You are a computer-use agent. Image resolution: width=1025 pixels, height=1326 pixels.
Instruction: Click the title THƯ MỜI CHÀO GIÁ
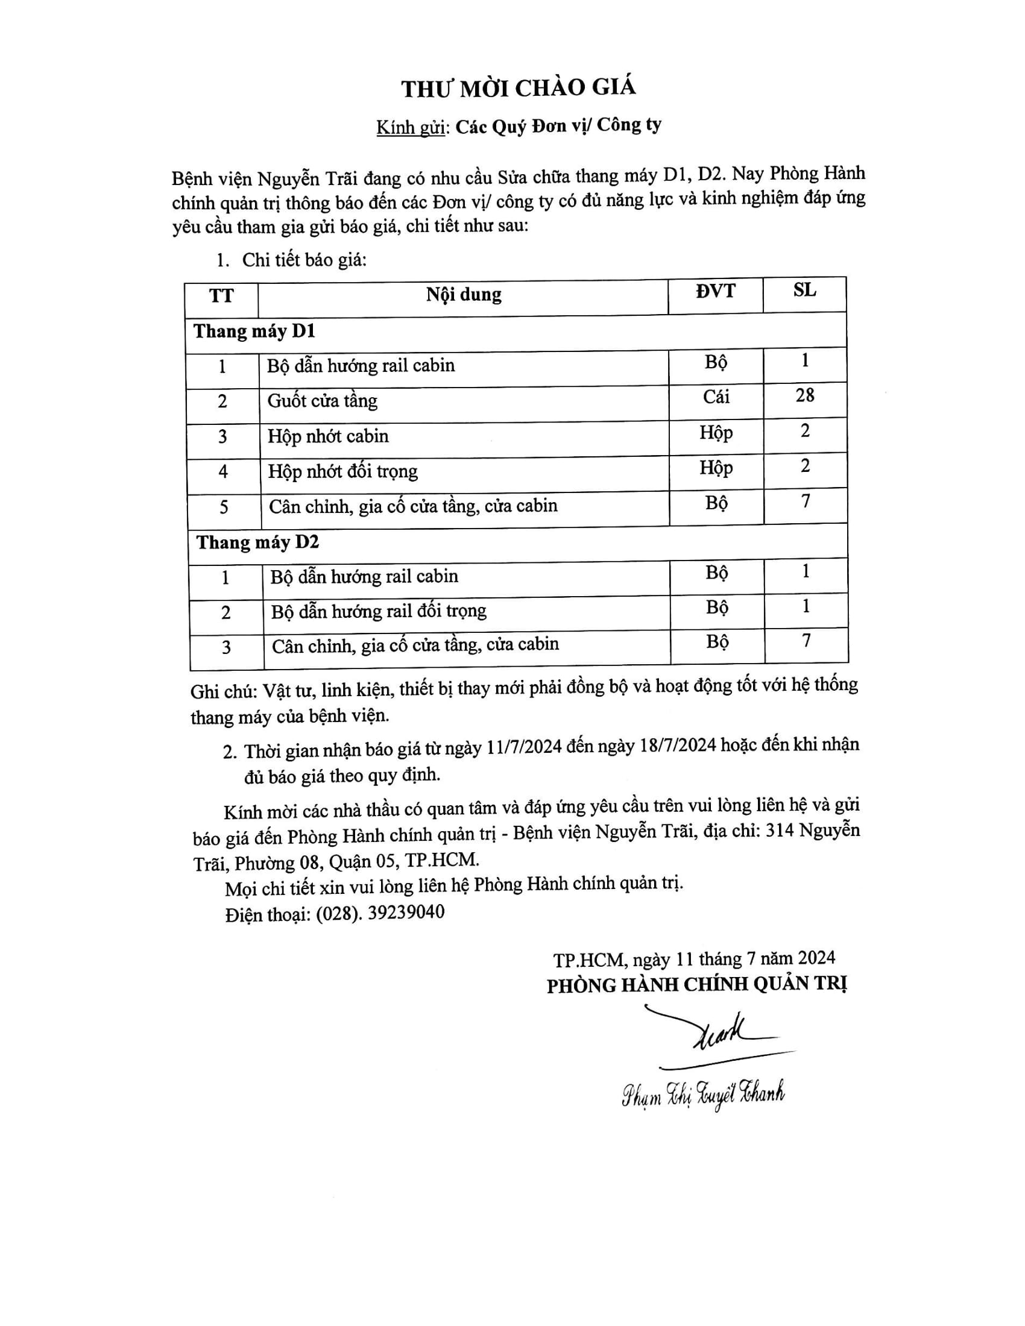518,88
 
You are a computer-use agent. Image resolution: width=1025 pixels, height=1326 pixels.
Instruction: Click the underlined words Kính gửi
411,128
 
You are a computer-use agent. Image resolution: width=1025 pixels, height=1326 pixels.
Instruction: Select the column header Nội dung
463,295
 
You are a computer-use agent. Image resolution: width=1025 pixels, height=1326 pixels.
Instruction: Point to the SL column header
804,291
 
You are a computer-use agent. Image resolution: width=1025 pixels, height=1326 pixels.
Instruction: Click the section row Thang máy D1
254,331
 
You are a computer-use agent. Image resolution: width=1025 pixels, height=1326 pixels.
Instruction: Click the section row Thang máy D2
257,542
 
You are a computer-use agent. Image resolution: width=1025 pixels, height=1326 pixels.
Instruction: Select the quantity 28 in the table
804,395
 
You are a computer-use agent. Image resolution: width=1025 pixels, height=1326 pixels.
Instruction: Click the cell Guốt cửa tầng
323,401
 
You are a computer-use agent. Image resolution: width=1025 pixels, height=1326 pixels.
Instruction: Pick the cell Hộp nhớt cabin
328,436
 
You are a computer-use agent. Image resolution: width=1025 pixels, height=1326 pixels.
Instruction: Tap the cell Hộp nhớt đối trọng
343,471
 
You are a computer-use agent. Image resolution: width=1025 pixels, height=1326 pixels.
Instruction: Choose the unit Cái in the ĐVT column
716,397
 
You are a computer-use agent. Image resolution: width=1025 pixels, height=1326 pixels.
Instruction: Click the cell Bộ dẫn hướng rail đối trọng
379,611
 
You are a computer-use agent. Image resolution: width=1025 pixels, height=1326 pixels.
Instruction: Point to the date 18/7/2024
678,746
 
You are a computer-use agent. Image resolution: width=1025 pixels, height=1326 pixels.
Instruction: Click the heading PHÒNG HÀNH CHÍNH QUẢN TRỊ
696,984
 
